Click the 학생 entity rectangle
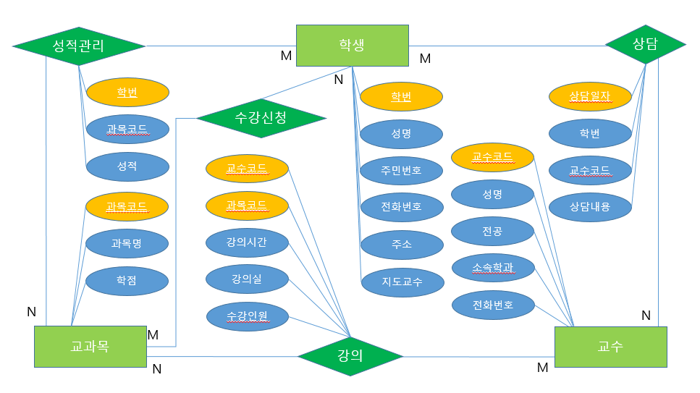[x=352, y=46]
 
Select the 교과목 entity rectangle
[x=90, y=347]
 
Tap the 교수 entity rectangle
[x=610, y=347]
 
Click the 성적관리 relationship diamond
[x=79, y=46]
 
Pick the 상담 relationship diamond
[x=645, y=45]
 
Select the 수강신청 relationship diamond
[x=261, y=118]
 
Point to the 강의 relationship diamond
[x=350, y=356]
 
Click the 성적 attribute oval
[x=127, y=166]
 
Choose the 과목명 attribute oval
[x=127, y=243]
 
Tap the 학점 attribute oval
[x=127, y=279]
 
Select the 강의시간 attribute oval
[x=247, y=242]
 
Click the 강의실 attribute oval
[x=247, y=279]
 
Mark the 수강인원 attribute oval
[x=247, y=316]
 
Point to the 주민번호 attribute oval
[x=401, y=171]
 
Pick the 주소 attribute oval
[x=401, y=245]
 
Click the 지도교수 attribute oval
[x=401, y=282]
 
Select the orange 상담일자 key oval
[x=590, y=96]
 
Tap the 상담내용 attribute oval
[x=590, y=206]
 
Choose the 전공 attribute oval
[x=492, y=232]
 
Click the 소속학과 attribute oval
[x=492, y=268]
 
